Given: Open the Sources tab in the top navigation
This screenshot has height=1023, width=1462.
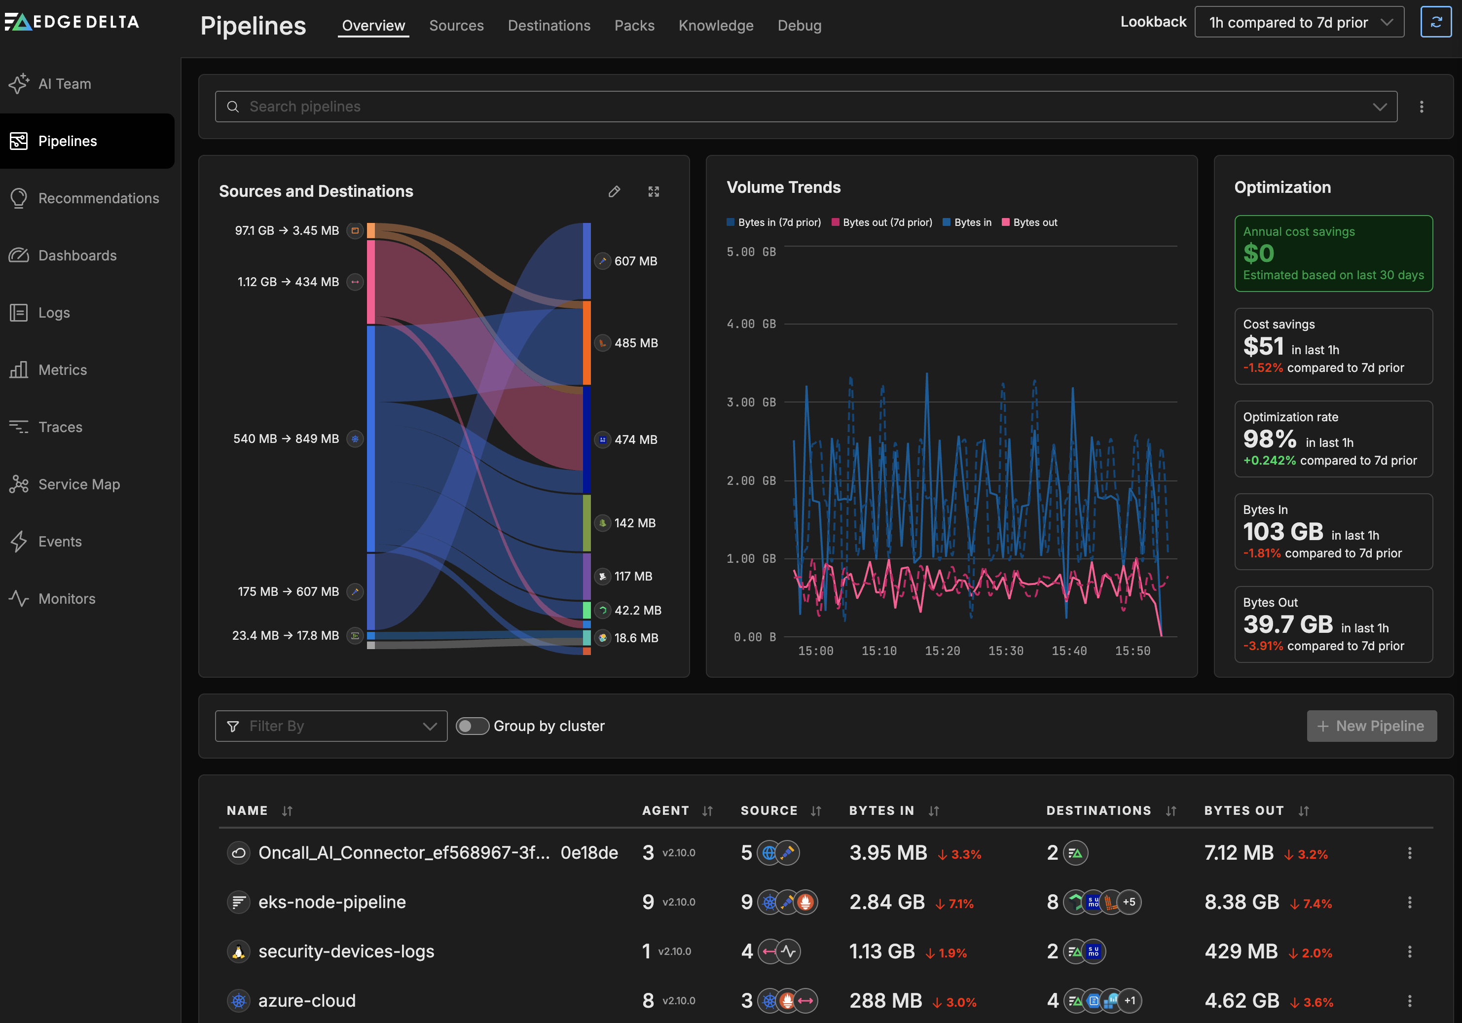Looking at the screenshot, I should [x=456, y=26].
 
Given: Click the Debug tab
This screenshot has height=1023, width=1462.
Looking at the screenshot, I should [x=799, y=26].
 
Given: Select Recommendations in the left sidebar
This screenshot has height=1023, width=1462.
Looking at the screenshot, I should [x=98, y=198].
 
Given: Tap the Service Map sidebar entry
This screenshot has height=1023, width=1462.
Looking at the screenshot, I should [x=79, y=484].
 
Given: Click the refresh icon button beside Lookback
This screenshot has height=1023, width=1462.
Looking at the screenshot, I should [x=1435, y=22].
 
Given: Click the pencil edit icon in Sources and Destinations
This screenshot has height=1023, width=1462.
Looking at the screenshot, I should [x=614, y=191].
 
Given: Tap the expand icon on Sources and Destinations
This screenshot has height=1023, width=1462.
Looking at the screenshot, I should [x=654, y=191].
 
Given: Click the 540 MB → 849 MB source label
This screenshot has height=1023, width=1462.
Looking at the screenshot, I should [x=286, y=438].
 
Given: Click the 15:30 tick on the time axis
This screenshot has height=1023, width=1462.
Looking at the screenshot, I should [x=1005, y=651].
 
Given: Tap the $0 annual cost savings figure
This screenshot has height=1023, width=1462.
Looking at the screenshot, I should [x=1258, y=254].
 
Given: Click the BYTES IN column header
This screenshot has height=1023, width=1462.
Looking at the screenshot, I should [x=881, y=810].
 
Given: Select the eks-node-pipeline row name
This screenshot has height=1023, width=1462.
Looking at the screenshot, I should [x=332, y=902].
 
